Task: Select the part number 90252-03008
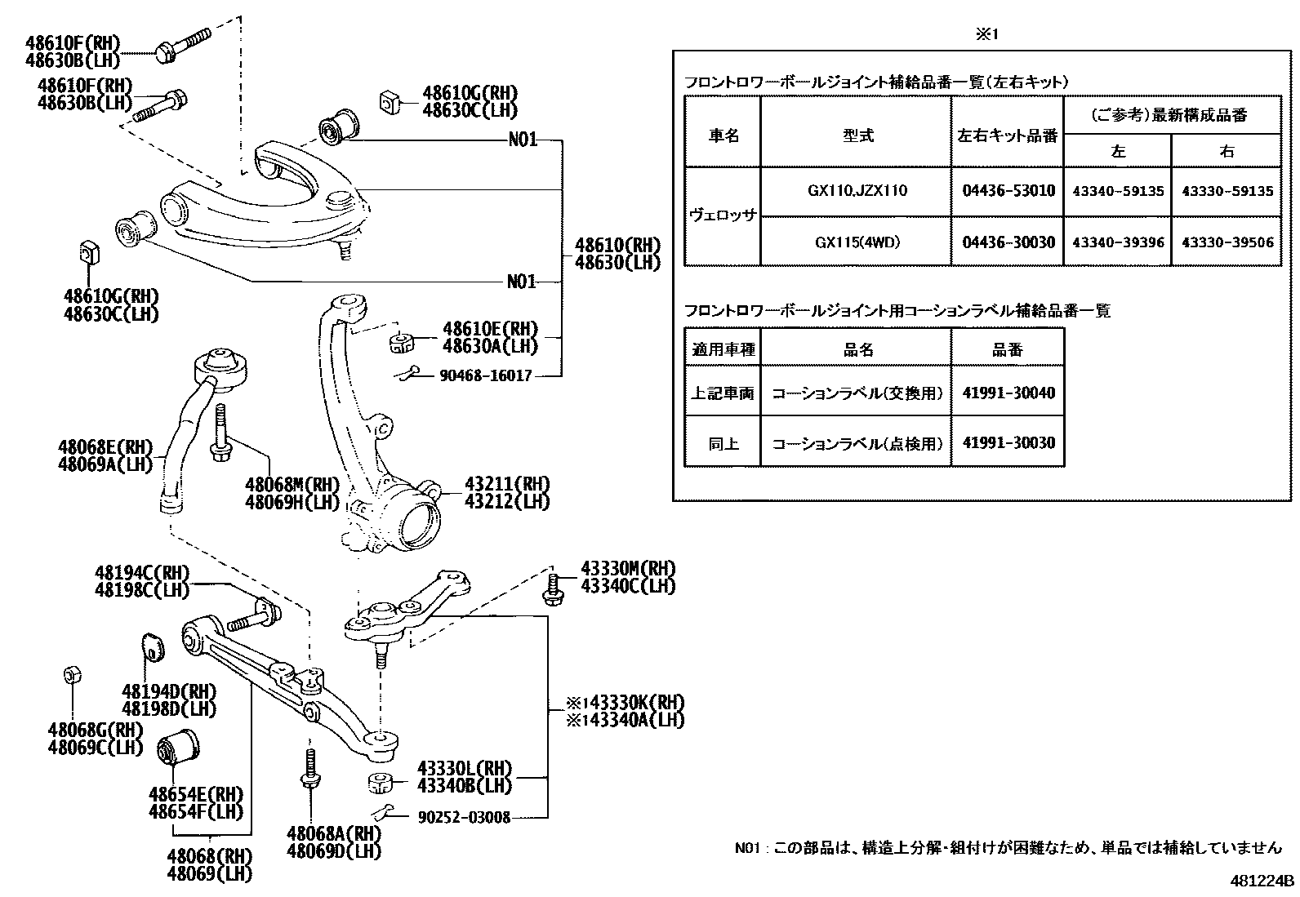[x=463, y=817]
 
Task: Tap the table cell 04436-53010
[x=1008, y=191]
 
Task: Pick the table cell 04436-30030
[x=1008, y=242]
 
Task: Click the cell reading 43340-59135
[x=1118, y=191]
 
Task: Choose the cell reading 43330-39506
[x=1227, y=242]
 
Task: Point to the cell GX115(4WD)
[x=857, y=242]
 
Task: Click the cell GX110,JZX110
[x=857, y=191]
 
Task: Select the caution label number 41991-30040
[x=1008, y=393]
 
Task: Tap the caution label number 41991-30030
[x=1008, y=443]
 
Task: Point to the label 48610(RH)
[x=617, y=245]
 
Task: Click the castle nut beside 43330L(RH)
[x=380, y=783]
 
